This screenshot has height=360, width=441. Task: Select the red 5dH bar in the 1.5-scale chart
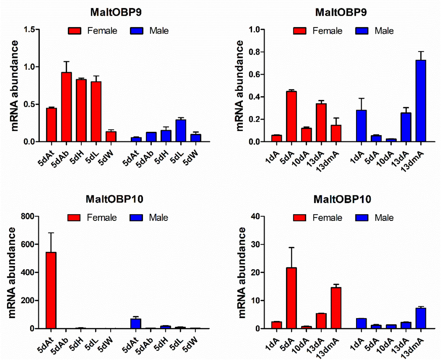click(x=81, y=111)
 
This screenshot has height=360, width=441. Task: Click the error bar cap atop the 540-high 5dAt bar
click(x=51, y=233)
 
